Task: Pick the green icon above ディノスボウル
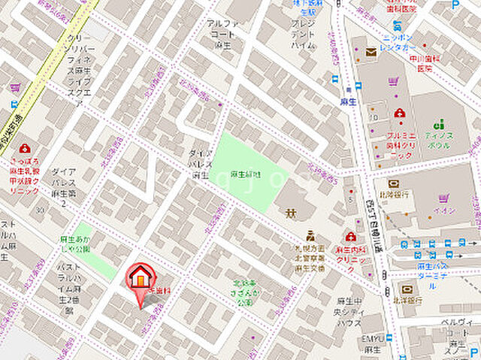(439, 123)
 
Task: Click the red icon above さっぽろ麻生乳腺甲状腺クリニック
(25, 149)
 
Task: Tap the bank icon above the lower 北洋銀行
(407, 289)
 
